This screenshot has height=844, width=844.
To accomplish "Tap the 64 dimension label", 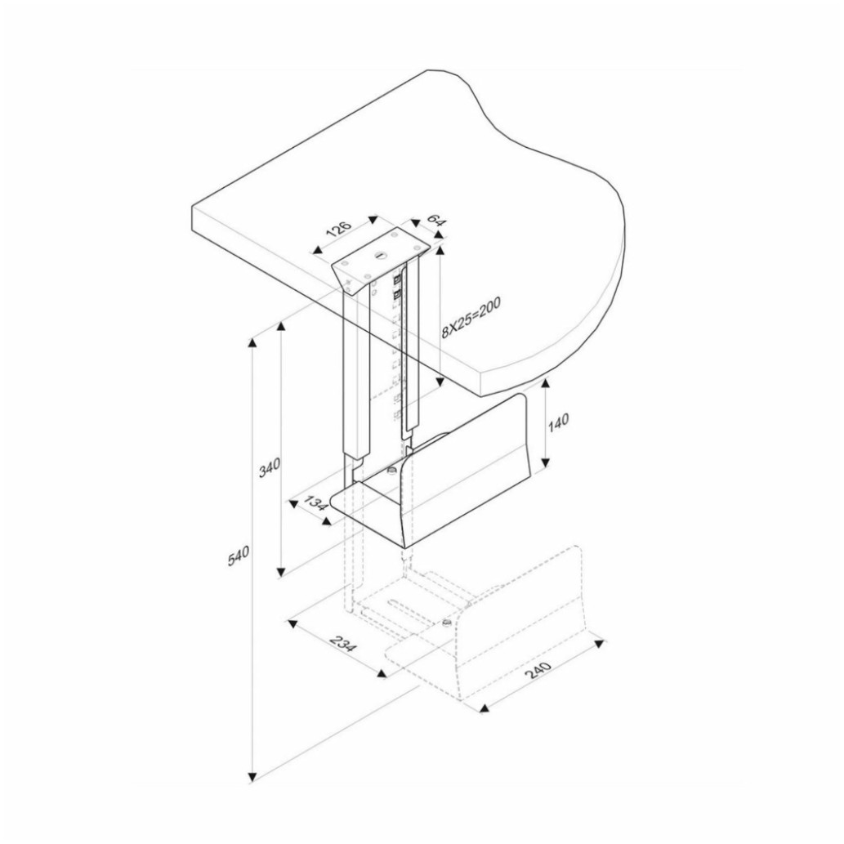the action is (x=437, y=221).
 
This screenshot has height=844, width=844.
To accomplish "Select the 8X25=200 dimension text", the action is (x=471, y=318).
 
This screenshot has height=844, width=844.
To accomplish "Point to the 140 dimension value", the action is (x=559, y=422).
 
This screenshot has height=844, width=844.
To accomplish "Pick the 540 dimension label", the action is (x=239, y=556).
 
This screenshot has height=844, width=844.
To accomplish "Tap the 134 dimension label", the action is (x=316, y=504).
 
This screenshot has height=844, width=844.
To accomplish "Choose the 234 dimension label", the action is (x=343, y=644).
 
